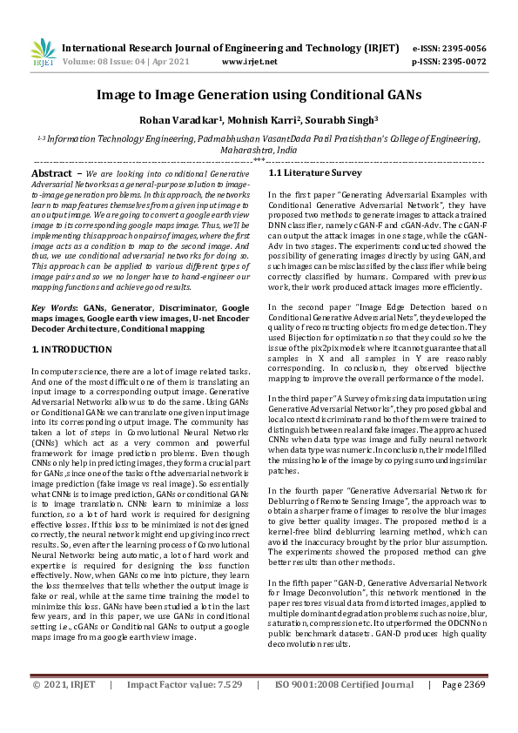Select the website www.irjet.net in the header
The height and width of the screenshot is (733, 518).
click(250, 62)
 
